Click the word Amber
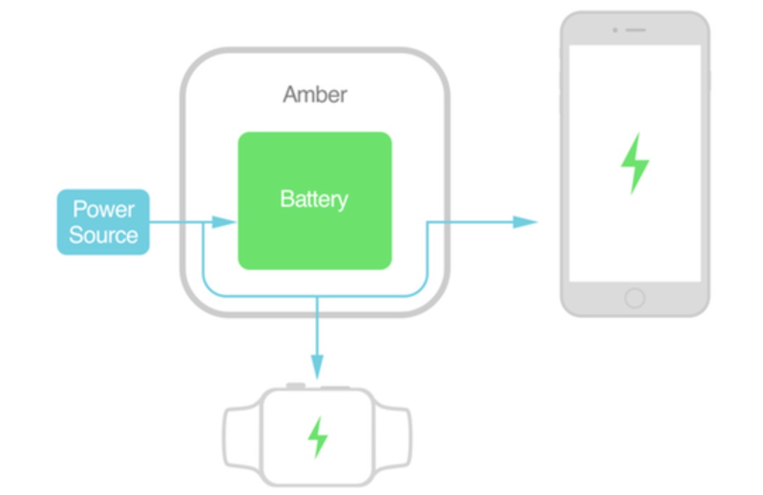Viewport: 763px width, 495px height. coord(315,94)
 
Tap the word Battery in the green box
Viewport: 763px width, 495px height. coord(314,199)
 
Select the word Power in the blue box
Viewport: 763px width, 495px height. coord(103,210)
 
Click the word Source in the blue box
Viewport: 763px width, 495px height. coord(103,235)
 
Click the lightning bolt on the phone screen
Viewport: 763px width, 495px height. coord(634,163)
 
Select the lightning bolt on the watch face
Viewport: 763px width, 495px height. coord(318,437)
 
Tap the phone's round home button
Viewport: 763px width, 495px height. coord(634,298)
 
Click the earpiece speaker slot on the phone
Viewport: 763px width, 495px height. coord(635,30)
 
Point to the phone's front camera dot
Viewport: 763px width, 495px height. coord(615,30)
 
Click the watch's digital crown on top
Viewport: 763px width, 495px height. coord(295,386)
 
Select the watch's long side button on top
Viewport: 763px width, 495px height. coord(334,387)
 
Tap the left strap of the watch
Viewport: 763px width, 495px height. coord(241,436)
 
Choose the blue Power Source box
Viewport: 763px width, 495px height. coord(103,221)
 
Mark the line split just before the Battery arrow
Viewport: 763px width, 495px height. coord(203,222)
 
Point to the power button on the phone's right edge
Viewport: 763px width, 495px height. coord(709,79)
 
